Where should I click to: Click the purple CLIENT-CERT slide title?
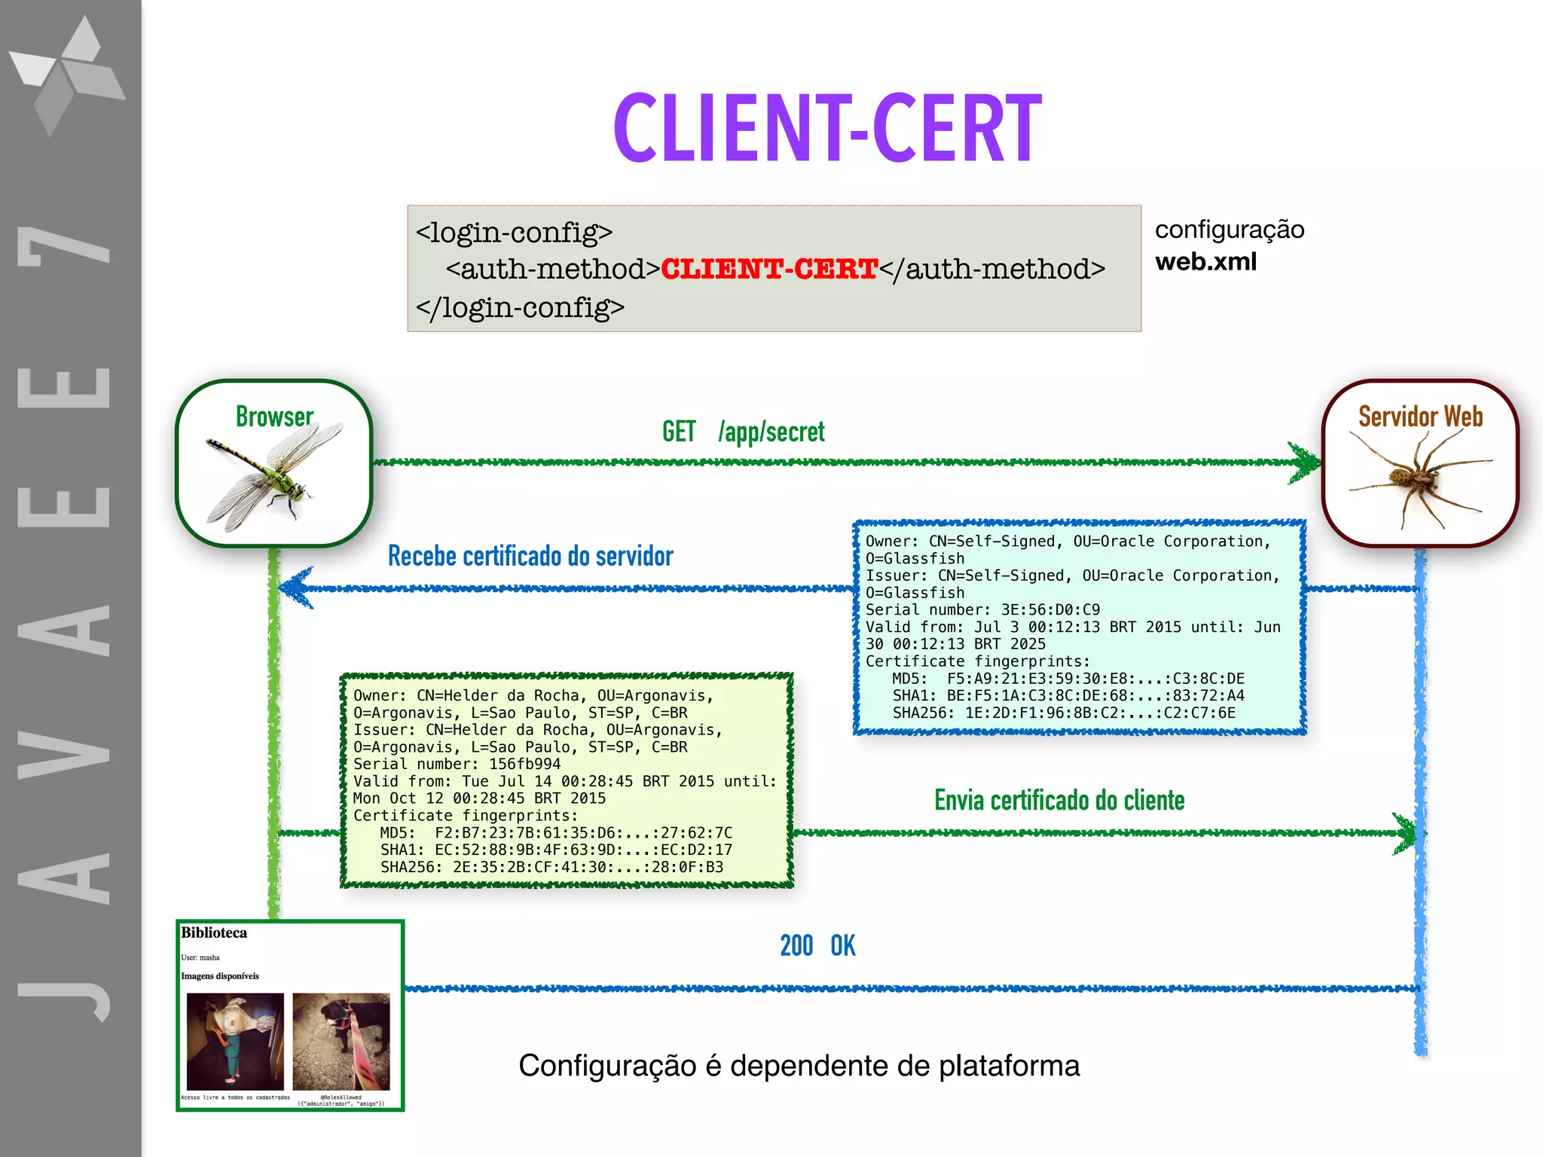coord(827,128)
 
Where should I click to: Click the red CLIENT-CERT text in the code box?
coord(768,269)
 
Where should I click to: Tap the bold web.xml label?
coord(1205,262)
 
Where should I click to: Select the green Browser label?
coord(274,417)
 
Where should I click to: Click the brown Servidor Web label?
coord(1420,417)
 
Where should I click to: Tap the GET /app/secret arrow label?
coord(743,432)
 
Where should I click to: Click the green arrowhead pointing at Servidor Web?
coord(1304,462)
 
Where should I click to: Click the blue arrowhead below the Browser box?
coord(295,588)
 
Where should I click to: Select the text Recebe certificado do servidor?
coord(530,557)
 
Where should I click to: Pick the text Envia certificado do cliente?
coord(1059,801)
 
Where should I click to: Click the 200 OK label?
coord(817,946)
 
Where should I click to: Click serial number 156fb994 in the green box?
coord(524,764)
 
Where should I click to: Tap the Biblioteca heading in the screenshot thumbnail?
coord(214,933)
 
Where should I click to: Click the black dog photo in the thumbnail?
coord(341,1041)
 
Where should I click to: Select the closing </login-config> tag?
coord(520,307)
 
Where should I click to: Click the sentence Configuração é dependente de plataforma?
coord(799,1066)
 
